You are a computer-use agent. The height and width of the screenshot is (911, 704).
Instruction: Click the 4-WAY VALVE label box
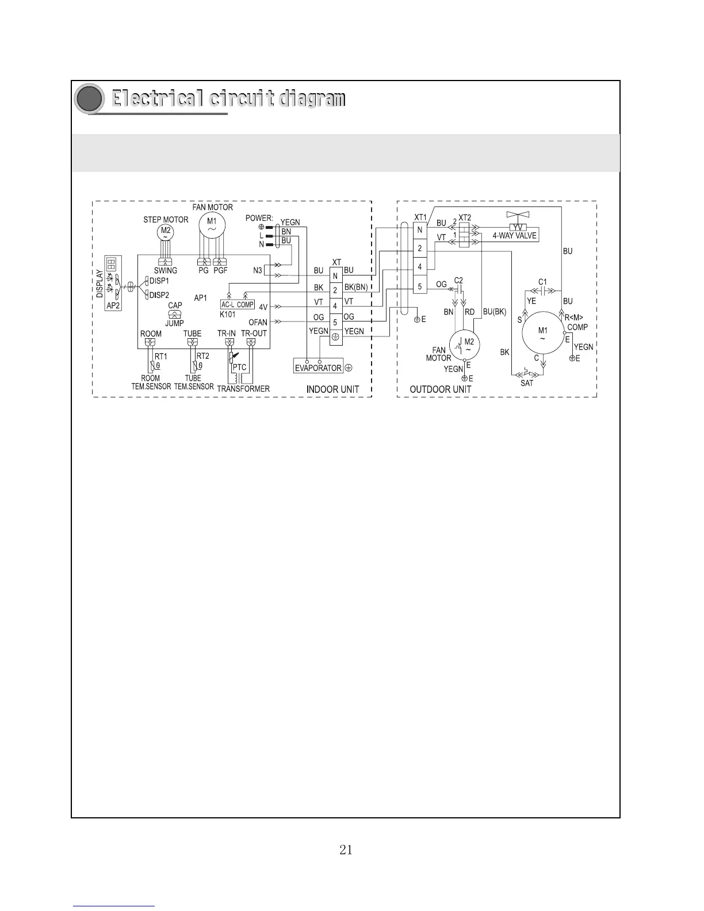pyautogui.click(x=514, y=236)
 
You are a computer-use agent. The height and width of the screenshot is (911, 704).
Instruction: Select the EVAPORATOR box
pyautogui.click(x=318, y=368)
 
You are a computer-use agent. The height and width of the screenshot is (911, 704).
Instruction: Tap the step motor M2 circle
pyautogui.click(x=166, y=232)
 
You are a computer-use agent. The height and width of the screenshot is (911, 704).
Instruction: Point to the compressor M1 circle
pyautogui.click(x=542, y=334)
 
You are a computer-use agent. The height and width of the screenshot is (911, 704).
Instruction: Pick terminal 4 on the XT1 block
pyautogui.click(x=420, y=267)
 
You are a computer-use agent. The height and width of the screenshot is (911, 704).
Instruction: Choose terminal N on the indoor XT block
pyautogui.click(x=335, y=276)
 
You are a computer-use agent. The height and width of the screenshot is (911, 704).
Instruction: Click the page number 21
pyautogui.click(x=346, y=849)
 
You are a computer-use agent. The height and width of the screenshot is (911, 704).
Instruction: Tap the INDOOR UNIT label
pyautogui.click(x=332, y=389)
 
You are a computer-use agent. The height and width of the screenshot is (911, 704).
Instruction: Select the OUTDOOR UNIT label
pyautogui.click(x=440, y=389)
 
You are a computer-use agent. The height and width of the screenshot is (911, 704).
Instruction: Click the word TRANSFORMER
pyautogui.click(x=243, y=389)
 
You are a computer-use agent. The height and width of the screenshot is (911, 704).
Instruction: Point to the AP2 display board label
pyautogui.click(x=113, y=305)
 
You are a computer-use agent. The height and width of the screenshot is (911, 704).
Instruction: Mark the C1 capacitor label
pyautogui.click(x=542, y=282)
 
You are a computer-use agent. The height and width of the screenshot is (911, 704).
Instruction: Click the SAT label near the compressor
pyautogui.click(x=527, y=383)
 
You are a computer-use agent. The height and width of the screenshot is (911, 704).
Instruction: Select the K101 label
pyautogui.click(x=228, y=315)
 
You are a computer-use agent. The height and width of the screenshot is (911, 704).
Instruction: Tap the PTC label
pyautogui.click(x=240, y=367)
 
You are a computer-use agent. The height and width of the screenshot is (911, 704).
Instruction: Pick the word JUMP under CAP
pyautogui.click(x=175, y=323)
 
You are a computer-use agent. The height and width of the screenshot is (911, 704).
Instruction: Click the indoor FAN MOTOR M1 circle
pyautogui.click(x=212, y=224)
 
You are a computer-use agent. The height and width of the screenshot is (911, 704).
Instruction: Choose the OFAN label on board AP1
pyautogui.click(x=258, y=322)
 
